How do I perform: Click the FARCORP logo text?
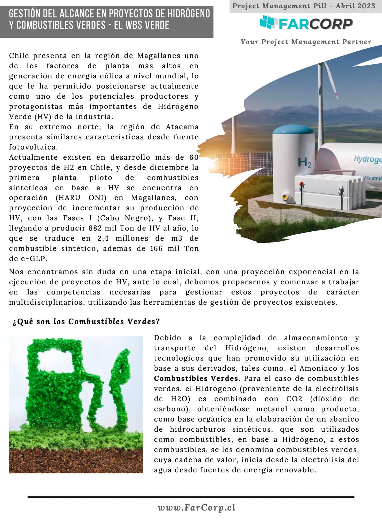click(x=316, y=24)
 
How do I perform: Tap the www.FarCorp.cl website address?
click(x=197, y=507)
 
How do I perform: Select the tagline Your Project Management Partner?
click(x=306, y=42)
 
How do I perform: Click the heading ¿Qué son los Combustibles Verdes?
click(x=86, y=321)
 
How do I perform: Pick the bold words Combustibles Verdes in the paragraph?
click(x=196, y=378)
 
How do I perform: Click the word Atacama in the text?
click(x=182, y=127)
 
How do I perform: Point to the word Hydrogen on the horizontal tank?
click(x=368, y=159)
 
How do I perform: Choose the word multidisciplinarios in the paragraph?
click(x=47, y=302)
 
